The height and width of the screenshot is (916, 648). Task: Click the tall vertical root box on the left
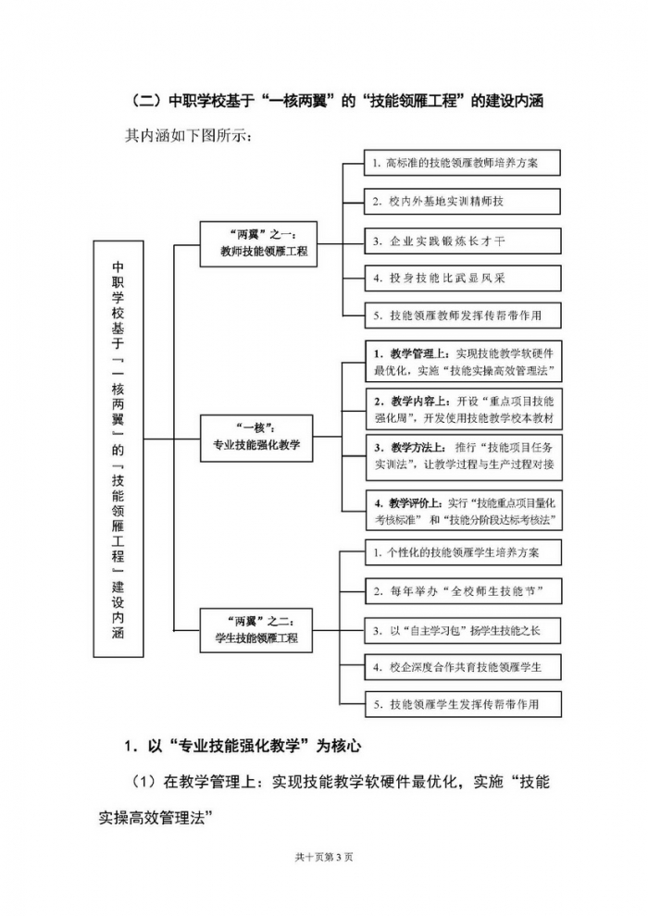118,447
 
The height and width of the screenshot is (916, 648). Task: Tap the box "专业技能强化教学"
258,438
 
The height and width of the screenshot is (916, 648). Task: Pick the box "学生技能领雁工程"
258,631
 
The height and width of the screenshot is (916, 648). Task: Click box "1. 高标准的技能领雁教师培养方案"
462,162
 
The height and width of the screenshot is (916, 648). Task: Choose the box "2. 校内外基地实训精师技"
462,201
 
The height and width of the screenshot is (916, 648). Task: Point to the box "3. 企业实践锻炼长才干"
462,240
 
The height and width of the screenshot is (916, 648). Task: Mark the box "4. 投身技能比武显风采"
462,278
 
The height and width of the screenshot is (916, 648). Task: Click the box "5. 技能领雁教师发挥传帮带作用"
462,316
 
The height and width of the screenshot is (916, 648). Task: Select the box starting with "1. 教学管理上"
464,362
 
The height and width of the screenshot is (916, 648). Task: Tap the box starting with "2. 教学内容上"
464,410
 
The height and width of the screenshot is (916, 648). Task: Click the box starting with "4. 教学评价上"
464,511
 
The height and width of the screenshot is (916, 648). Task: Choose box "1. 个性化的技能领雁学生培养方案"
462,552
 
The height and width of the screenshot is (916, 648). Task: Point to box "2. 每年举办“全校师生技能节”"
462,590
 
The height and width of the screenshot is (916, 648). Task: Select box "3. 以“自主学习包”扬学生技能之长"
462,629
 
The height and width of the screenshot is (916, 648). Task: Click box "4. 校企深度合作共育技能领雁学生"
462,666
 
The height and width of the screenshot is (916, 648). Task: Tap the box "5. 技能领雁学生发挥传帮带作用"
462,703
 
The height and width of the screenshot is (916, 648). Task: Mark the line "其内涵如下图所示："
188,135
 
